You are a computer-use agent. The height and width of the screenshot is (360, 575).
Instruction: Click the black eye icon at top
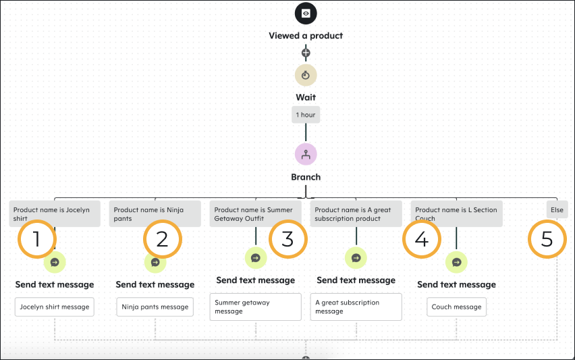click(306, 14)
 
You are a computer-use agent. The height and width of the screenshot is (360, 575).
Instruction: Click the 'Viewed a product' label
click(306, 36)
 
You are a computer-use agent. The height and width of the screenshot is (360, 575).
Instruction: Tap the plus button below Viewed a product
click(306, 53)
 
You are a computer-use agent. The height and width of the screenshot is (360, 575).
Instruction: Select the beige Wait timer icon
click(306, 75)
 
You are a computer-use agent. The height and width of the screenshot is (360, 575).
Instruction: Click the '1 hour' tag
click(306, 115)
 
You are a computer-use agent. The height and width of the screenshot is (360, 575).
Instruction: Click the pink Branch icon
click(306, 154)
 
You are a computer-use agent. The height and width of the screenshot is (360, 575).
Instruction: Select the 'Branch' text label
click(306, 177)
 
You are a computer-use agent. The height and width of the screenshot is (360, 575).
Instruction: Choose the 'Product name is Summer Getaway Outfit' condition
click(256, 213)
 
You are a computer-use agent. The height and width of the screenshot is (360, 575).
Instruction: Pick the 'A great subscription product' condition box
click(356, 213)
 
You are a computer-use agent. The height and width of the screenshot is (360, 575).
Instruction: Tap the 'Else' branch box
click(557, 210)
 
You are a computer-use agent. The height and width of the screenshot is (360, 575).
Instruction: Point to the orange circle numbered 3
click(287, 239)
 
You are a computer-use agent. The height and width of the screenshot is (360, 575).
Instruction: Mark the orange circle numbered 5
click(547, 239)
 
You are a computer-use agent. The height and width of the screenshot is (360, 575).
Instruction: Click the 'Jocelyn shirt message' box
click(55, 307)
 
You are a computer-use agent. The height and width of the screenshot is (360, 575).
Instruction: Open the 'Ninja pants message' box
click(155, 307)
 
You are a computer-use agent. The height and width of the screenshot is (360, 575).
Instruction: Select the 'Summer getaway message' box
click(256, 307)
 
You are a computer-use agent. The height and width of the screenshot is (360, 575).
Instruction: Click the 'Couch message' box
click(457, 307)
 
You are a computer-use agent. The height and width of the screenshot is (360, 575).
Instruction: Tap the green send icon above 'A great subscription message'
click(356, 257)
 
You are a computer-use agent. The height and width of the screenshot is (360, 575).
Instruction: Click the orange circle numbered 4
click(422, 239)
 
